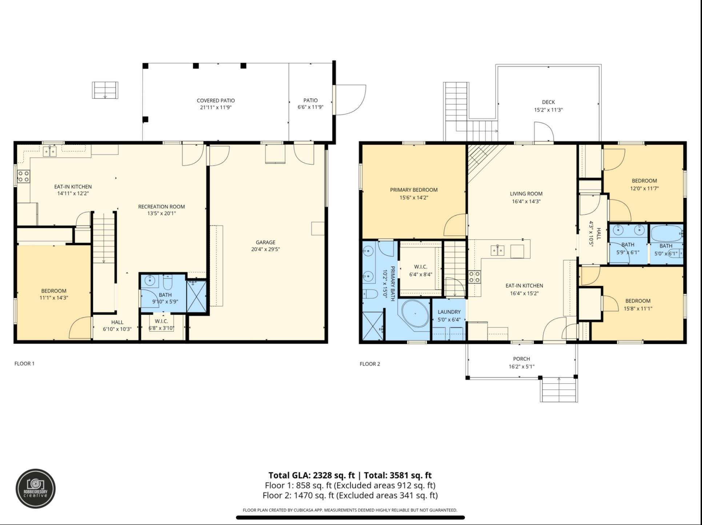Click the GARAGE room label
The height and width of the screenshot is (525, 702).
[x=265, y=242]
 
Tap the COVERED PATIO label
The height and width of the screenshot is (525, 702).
[x=216, y=101]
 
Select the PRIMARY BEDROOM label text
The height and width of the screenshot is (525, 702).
[x=414, y=190]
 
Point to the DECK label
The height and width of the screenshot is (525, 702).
[x=548, y=102]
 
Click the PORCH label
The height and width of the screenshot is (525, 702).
[x=521, y=359]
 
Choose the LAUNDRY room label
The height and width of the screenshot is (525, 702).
[x=449, y=312]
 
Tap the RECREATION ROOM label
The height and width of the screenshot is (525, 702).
[x=161, y=207]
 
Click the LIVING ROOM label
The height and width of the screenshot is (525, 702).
[x=526, y=194]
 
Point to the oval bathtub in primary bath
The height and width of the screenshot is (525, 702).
[x=415, y=313]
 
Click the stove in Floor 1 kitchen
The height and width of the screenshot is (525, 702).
[x=24, y=177]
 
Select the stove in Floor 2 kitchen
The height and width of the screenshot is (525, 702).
[x=474, y=277]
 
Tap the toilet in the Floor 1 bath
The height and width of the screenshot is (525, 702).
[x=168, y=282]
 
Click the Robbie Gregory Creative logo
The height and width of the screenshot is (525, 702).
[x=36, y=488]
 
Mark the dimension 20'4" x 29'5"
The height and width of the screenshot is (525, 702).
[x=265, y=249]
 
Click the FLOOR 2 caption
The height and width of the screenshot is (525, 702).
[x=370, y=364]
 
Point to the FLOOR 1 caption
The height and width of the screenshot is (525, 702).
[x=24, y=364]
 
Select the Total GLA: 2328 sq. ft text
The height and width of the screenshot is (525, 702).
[x=312, y=475]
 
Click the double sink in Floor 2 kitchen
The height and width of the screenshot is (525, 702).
[x=498, y=250]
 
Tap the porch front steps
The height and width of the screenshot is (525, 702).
[x=559, y=389]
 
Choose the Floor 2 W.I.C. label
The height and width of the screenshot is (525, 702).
[x=421, y=267]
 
